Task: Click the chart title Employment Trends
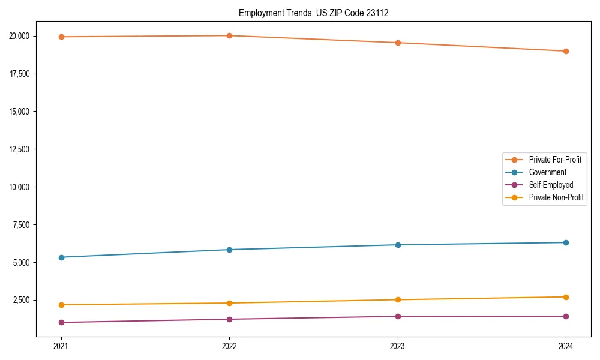[x=313, y=13]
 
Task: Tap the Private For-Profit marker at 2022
[x=229, y=35]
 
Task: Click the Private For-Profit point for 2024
[x=566, y=51]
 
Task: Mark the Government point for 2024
[x=566, y=242]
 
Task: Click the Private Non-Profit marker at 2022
[x=229, y=303]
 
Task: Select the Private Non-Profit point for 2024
[x=566, y=297]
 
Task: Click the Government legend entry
[x=547, y=172]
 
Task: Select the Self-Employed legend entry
[x=551, y=185]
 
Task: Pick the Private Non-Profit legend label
[x=556, y=197]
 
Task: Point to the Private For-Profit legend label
[x=554, y=160]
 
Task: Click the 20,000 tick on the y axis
[x=21, y=36]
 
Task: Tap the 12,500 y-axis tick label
[x=21, y=149]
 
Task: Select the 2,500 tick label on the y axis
[x=23, y=300]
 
